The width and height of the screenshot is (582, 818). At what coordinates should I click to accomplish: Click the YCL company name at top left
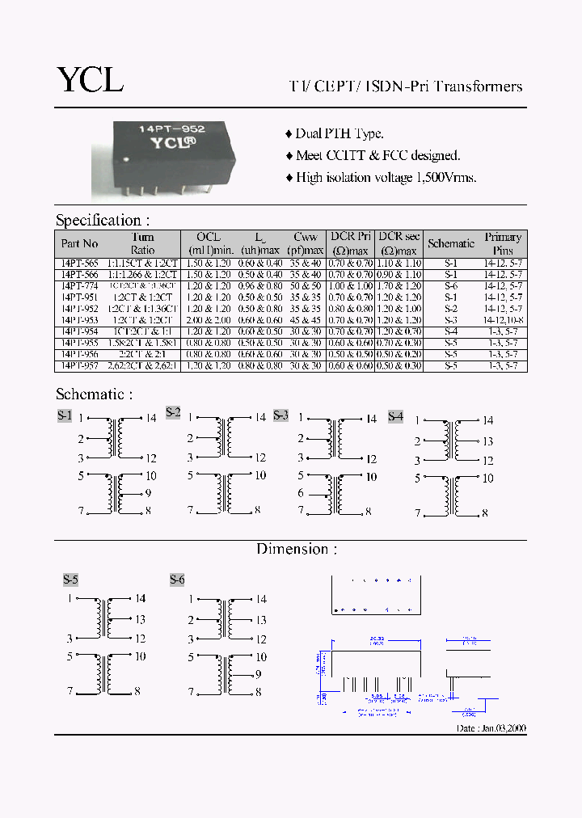tap(90, 79)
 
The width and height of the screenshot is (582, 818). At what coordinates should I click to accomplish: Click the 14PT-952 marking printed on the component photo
tap(171, 129)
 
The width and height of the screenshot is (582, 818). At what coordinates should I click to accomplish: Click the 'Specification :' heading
tap(103, 220)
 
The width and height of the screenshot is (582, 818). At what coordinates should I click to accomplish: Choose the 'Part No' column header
tap(79, 243)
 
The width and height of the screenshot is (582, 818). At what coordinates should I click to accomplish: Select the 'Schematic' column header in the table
tap(451, 243)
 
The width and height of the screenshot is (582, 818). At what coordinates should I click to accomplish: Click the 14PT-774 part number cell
tap(79, 286)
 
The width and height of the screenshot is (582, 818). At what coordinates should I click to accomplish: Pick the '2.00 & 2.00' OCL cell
tap(209, 320)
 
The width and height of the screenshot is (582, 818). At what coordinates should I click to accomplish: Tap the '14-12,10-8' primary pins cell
tap(503, 320)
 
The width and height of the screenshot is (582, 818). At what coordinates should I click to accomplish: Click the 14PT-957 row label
tap(79, 366)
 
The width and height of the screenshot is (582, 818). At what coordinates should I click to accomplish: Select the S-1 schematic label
tap(65, 415)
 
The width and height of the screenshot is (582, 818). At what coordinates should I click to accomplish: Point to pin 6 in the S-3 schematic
tap(301, 493)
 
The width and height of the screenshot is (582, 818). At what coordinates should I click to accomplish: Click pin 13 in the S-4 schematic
tap(487, 441)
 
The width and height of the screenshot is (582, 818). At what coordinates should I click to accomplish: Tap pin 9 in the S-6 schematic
tap(259, 674)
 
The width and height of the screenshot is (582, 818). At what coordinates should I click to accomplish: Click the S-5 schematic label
tap(70, 580)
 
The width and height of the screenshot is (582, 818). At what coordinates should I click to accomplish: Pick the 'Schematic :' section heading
tap(94, 394)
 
